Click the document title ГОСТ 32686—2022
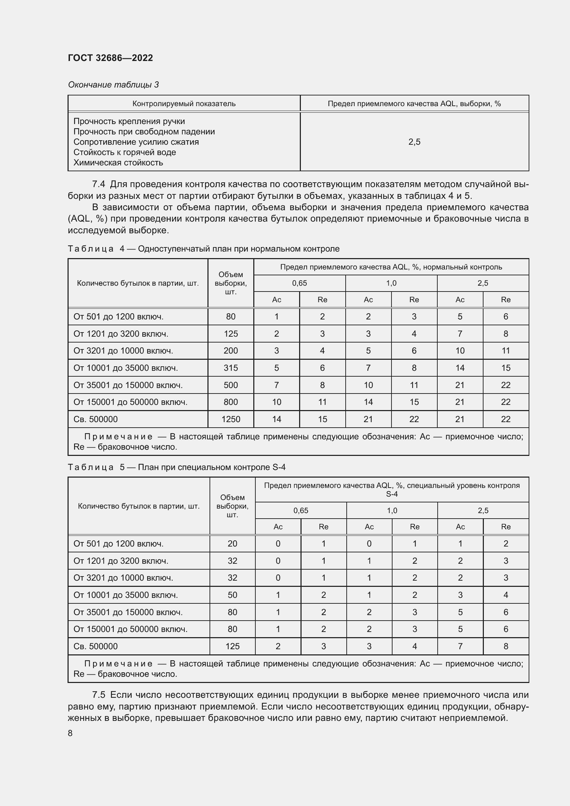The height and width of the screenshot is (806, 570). pos(110,58)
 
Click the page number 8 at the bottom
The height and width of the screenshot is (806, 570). pos(70,733)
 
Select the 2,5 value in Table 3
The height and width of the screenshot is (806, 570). pos(414,142)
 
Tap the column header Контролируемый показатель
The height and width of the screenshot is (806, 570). pos(184,104)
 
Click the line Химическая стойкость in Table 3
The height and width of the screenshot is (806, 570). pos(118,163)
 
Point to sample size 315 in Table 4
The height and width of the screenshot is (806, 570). pos(231,368)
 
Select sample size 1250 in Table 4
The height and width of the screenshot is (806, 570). pos(231,419)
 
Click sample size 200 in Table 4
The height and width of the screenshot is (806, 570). pos(231,351)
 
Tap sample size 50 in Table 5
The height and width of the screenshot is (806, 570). pos(232,595)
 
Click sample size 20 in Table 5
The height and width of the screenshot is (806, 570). pos(232,544)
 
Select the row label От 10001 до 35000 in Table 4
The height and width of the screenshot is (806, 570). pos(125,368)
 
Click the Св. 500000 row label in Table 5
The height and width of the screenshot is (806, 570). pos(95,646)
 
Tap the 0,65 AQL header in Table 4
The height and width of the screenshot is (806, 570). pos(299,283)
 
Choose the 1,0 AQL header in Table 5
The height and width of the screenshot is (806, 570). pos(392,510)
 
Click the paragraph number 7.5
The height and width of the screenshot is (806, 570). pos(99,695)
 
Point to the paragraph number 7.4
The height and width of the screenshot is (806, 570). pos(99,184)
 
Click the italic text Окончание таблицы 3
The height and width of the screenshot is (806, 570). pos(113,85)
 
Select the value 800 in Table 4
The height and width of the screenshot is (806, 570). pos(231,402)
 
